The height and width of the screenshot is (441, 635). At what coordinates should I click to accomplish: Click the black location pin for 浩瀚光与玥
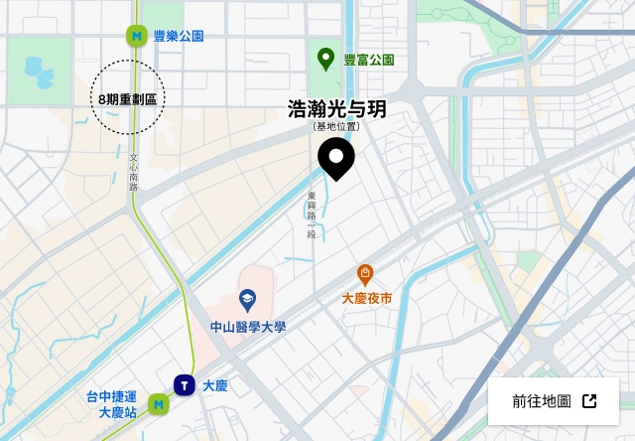pyautogui.click(x=336, y=158)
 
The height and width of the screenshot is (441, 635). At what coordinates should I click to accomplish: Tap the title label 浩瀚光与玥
pyautogui.click(x=336, y=109)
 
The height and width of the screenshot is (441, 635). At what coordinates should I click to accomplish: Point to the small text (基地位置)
pyautogui.click(x=336, y=127)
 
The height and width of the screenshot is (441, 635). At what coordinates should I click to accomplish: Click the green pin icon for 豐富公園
pyautogui.click(x=325, y=59)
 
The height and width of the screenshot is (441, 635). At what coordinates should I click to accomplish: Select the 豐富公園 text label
pyautogui.click(x=369, y=60)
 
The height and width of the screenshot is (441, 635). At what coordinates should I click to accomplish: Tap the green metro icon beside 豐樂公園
pyautogui.click(x=136, y=36)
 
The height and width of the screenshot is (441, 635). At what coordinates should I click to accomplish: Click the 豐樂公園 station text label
pyautogui.click(x=179, y=36)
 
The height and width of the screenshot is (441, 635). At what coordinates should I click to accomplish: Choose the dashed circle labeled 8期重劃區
pyautogui.click(x=128, y=98)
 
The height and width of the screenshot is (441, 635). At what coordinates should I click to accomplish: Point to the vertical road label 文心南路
pyautogui.click(x=133, y=171)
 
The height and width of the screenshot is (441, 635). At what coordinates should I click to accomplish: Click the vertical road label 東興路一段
pyautogui.click(x=311, y=215)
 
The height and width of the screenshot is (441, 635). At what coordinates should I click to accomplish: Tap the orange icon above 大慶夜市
pyautogui.click(x=365, y=274)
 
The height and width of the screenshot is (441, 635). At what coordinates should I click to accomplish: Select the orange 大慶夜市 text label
pyautogui.click(x=366, y=298)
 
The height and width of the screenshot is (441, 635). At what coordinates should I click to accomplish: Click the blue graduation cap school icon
pyautogui.click(x=247, y=300)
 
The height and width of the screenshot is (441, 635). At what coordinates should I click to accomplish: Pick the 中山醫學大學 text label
pyautogui.click(x=247, y=327)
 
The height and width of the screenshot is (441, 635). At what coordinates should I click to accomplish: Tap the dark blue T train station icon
pyautogui.click(x=184, y=384)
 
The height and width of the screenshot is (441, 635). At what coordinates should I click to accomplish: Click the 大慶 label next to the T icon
pyautogui.click(x=215, y=385)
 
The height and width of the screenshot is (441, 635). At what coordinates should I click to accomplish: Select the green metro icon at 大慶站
pyautogui.click(x=158, y=404)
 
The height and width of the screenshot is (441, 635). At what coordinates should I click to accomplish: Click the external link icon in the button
pyautogui.click(x=589, y=401)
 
